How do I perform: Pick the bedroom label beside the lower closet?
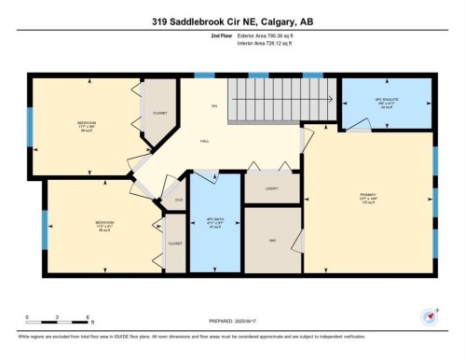103,224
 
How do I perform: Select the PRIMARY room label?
367,199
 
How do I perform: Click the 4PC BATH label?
213,224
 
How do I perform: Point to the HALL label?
204,142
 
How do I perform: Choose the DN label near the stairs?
213,107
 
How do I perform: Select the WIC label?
272,240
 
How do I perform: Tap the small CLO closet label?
178,201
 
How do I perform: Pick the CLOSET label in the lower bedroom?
174,244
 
